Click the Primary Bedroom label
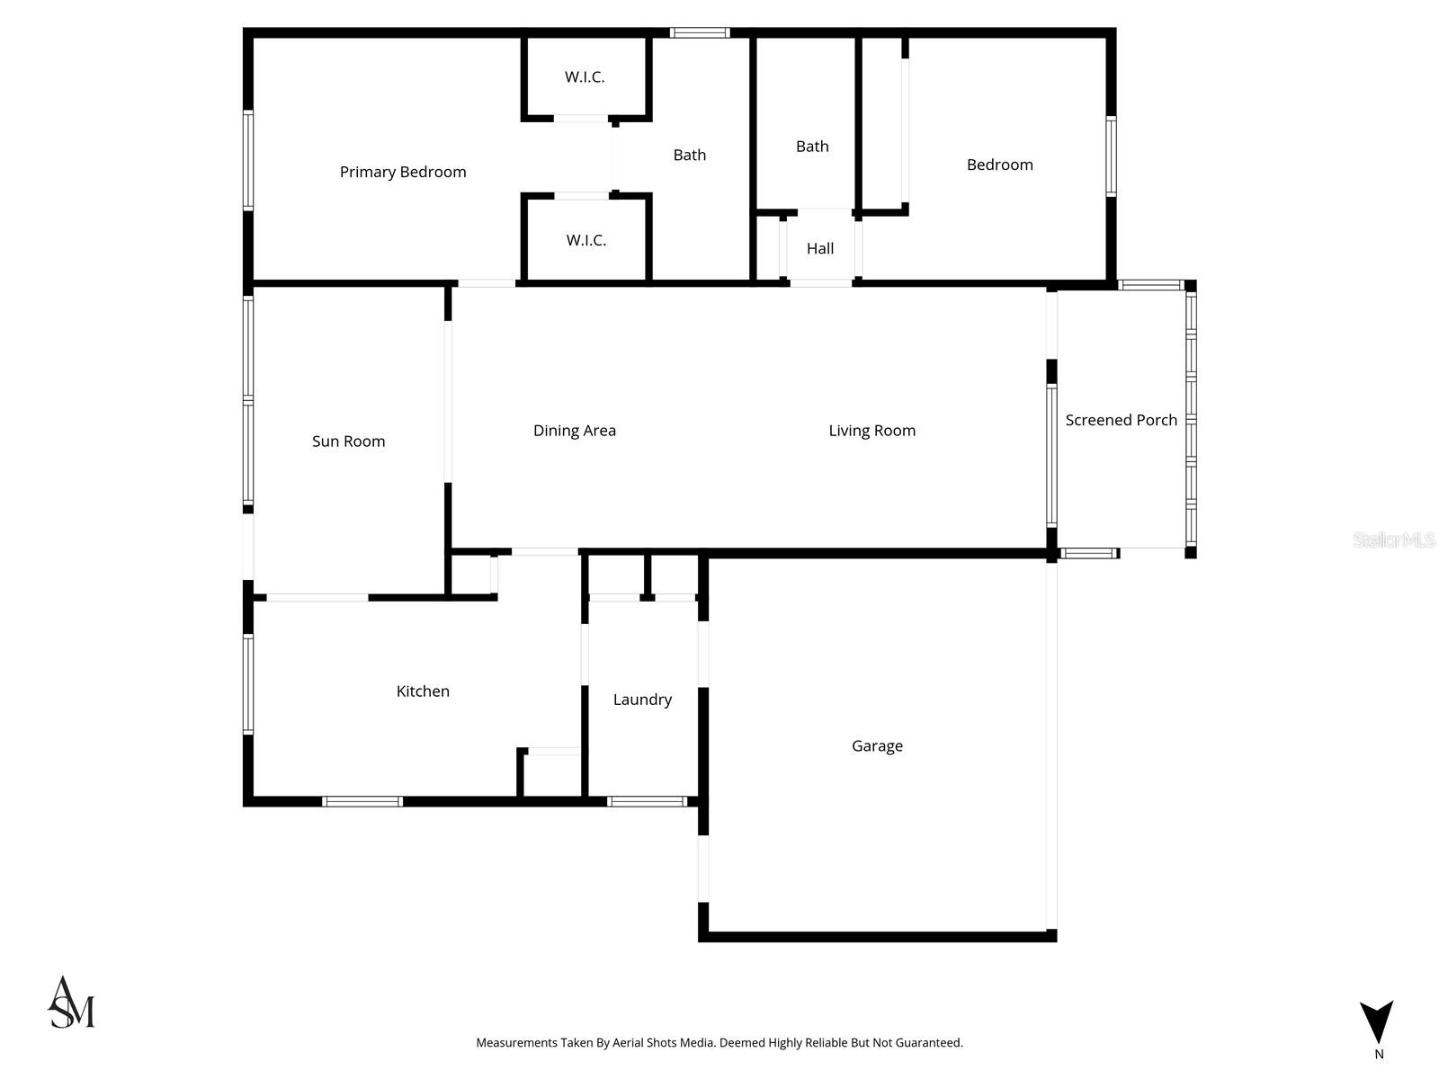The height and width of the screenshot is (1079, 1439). click(x=403, y=172)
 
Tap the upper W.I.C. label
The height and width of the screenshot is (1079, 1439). click(x=585, y=77)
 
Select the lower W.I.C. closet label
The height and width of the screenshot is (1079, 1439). click(x=586, y=240)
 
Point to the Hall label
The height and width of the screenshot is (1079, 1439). click(x=820, y=248)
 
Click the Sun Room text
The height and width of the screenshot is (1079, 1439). click(x=348, y=441)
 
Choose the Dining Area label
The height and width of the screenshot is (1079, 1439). click(x=575, y=431)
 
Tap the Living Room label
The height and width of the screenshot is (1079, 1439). click(x=872, y=431)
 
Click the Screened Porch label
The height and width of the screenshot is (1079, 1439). click(x=1122, y=420)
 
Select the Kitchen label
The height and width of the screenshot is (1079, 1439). click(x=423, y=691)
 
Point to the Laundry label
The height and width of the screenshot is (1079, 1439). click(x=642, y=700)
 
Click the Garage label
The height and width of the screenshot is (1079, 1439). click(x=877, y=746)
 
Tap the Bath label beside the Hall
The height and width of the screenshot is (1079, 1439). click(x=812, y=147)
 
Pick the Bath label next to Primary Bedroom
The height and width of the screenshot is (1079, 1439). click(x=690, y=156)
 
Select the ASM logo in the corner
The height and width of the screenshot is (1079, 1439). click(x=71, y=1003)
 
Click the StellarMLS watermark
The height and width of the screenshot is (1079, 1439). click(x=1394, y=539)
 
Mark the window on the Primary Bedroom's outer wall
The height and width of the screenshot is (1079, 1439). click(x=248, y=160)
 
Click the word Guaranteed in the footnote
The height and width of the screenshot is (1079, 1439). click(x=931, y=1043)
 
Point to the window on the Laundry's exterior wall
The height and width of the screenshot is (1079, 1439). click(x=648, y=801)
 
